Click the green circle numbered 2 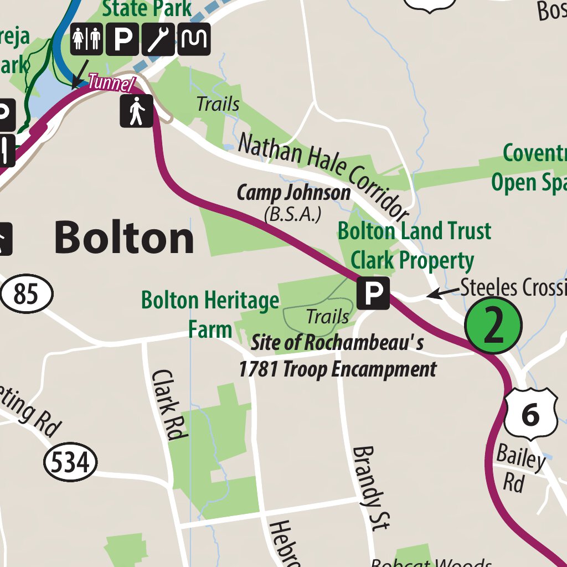(493, 326)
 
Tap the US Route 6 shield (530, 413)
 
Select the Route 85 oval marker (27, 294)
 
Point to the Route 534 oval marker (70, 461)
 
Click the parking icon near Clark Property (373, 293)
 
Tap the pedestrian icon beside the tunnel (136, 111)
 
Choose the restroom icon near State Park (86, 39)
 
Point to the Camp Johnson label (293, 193)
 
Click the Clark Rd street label (167, 405)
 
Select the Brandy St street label (372, 487)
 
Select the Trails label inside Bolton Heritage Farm (327, 317)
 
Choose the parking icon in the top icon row (122, 39)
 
